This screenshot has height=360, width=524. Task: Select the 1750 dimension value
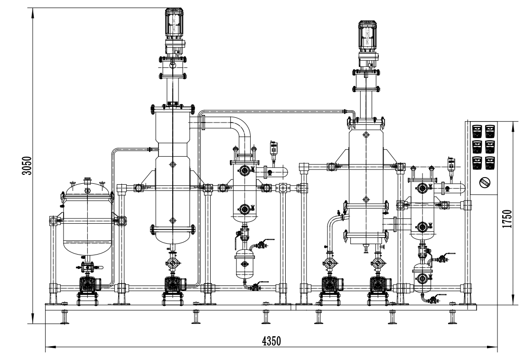[507, 219]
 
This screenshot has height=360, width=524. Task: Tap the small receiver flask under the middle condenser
[244, 263]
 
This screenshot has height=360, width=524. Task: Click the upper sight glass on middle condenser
[244, 170]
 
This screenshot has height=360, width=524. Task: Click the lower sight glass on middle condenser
[244, 208]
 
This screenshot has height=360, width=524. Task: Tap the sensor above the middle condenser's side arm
[273, 148]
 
